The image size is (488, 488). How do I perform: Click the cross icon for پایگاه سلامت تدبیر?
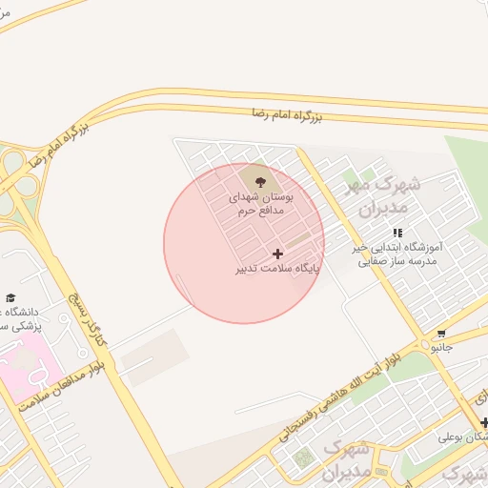[277, 254]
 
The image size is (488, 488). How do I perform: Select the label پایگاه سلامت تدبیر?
[278, 269]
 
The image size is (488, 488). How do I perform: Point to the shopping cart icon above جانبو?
[441, 335]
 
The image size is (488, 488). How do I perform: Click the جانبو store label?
[441, 349]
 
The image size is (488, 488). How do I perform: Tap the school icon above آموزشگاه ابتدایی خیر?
[397, 233]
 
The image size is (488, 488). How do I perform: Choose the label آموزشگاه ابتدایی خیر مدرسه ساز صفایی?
[395, 254]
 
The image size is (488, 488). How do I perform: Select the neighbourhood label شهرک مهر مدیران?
[377, 195]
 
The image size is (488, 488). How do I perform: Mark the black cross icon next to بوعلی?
[484, 422]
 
